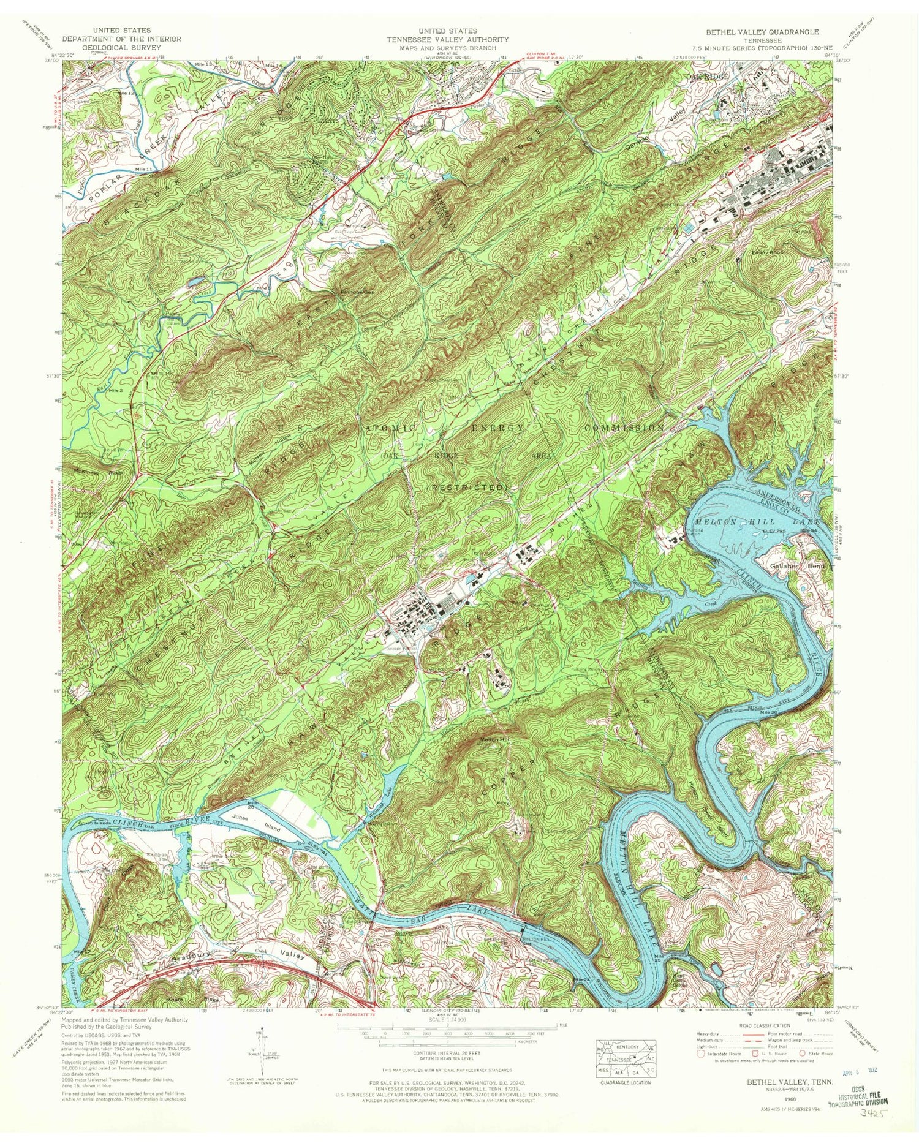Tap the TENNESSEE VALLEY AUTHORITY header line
point(447,39)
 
